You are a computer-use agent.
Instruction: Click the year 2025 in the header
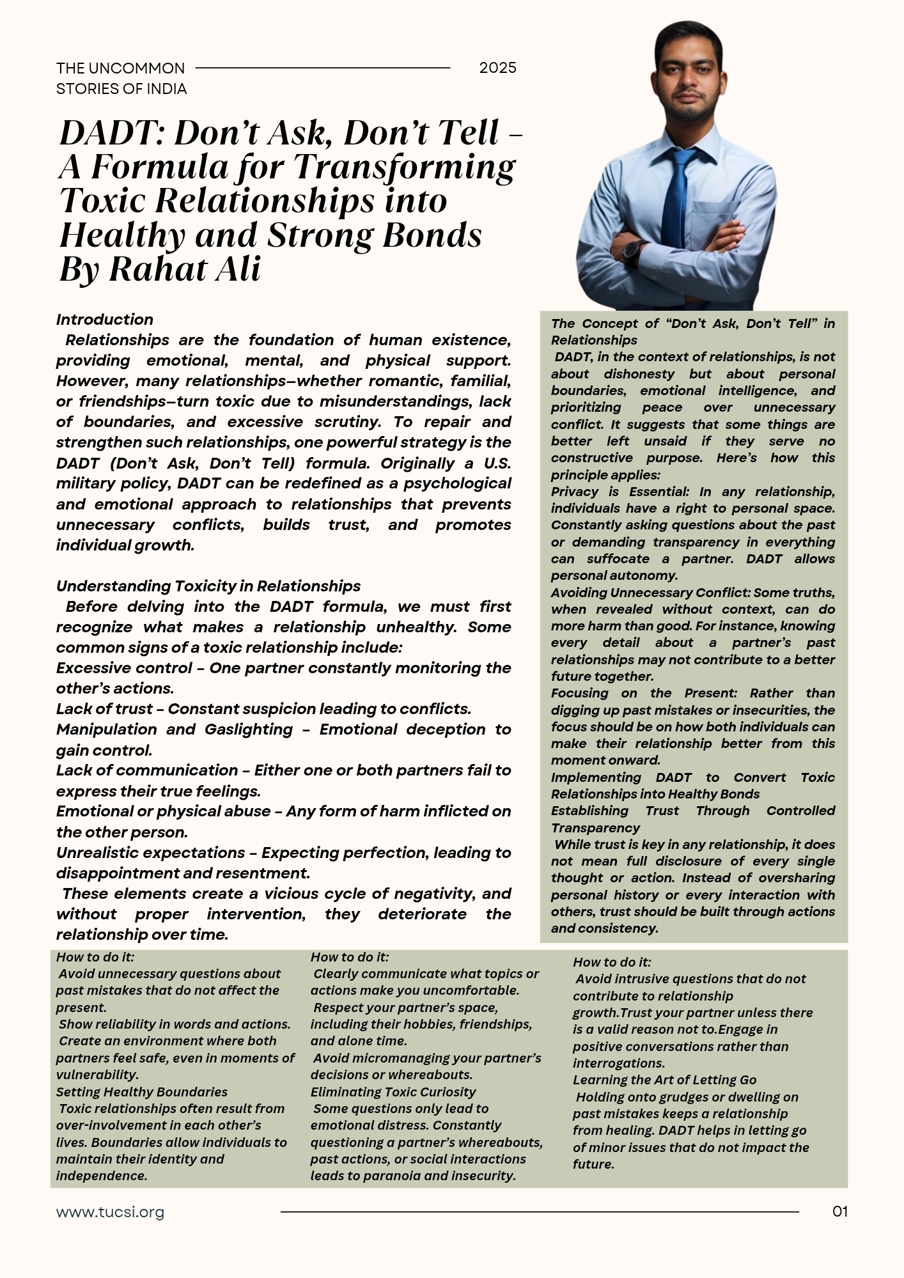click(497, 68)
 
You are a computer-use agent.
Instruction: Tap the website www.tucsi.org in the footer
click(110, 1212)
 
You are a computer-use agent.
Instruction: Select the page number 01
click(840, 1211)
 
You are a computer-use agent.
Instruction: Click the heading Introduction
click(104, 320)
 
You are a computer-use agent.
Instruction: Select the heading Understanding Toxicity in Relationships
click(208, 586)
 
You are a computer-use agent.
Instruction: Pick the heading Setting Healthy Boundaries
click(141, 1092)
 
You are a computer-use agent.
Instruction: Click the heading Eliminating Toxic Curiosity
click(393, 1092)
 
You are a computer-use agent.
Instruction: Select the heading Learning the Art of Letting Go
click(664, 1080)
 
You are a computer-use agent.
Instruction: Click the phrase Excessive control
click(124, 668)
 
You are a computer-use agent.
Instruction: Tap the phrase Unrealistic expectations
click(150, 853)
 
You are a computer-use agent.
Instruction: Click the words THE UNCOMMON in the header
click(120, 68)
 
